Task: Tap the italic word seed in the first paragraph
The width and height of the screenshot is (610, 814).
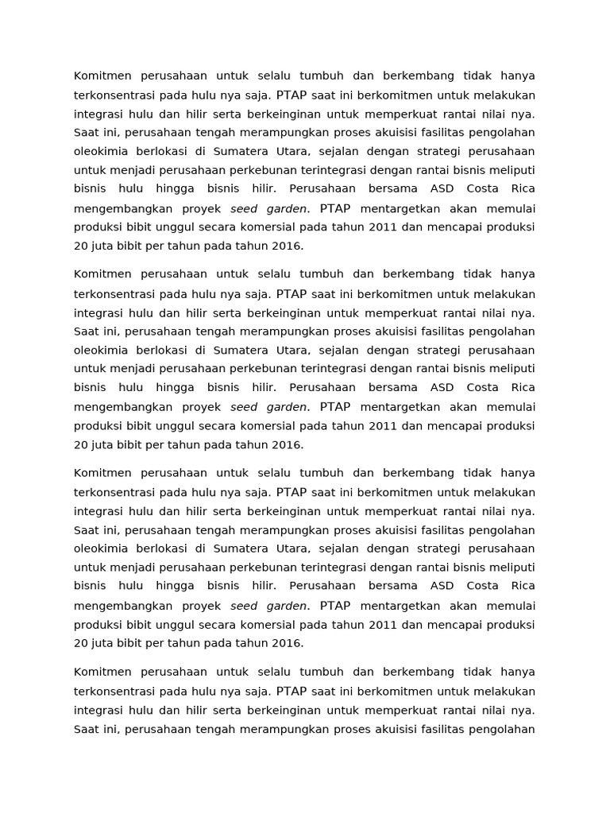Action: [244, 208]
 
